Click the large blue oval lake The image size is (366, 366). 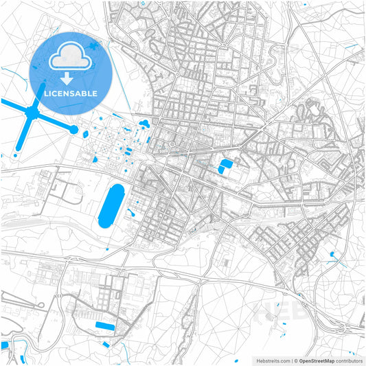pos(111,205)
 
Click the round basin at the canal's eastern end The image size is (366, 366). pos(73,128)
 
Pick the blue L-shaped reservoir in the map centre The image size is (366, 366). pos(225,166)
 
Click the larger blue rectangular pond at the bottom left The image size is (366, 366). pos(106,325)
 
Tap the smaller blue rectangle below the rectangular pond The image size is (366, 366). pos(106,344)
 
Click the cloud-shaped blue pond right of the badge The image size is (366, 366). pos(145,124)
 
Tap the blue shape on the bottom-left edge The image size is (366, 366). pos(4,345)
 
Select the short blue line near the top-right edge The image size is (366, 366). pos(352,46)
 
